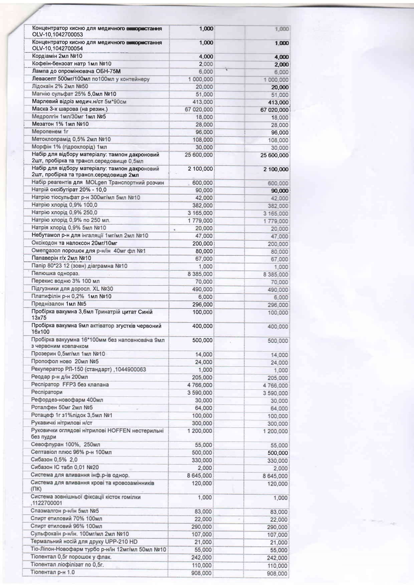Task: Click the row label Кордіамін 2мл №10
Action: (57, 56)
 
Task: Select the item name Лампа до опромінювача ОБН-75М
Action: (76, 71)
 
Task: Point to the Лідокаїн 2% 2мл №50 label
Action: (60, 86)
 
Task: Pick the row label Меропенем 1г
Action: (50, 132)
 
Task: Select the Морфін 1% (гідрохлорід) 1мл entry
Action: (69, 147)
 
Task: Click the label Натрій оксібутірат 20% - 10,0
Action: (69, 190)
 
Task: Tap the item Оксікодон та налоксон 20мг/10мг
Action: (74, 243)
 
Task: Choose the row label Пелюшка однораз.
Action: (55, 273)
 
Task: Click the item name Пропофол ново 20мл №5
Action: (65, 362)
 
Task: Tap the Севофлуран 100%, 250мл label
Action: (65, 445)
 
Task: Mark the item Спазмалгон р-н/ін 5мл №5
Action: (65, 511)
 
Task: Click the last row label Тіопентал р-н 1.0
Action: (53, 572)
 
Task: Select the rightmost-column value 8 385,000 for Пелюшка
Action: (275, 274)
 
